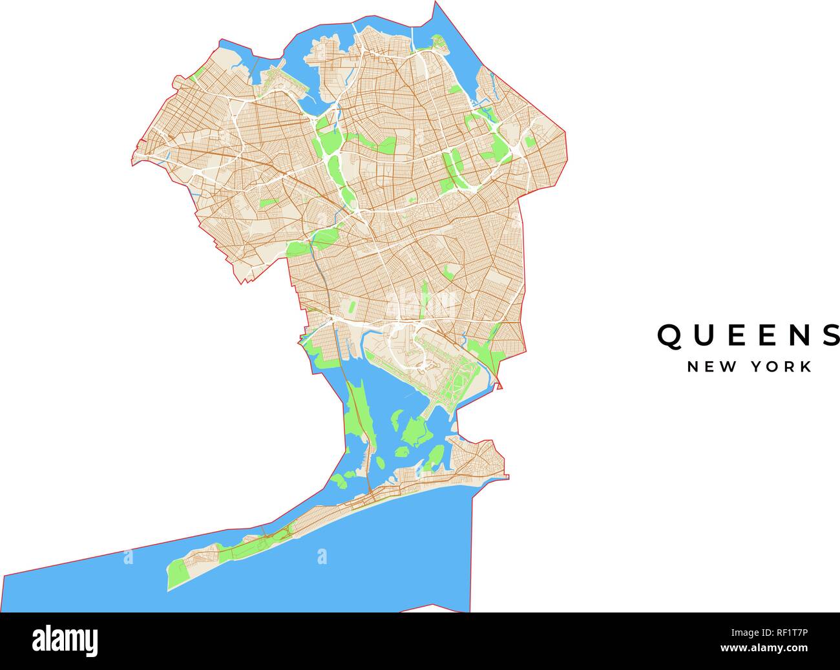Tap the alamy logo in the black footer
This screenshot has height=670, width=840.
(x=66, y=640)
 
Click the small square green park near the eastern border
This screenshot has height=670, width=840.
(x=530, y=143)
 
